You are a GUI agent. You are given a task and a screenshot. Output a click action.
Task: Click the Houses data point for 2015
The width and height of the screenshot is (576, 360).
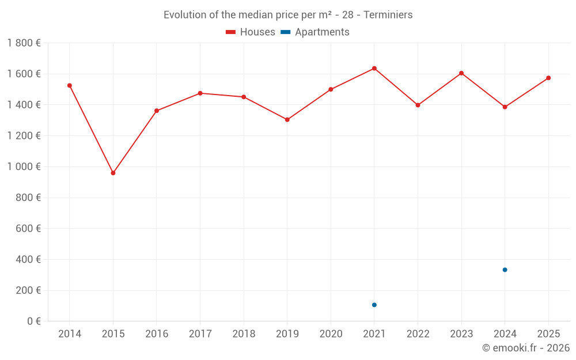(113, 173)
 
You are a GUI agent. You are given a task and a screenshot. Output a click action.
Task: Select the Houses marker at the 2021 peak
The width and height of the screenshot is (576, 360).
(374, 69)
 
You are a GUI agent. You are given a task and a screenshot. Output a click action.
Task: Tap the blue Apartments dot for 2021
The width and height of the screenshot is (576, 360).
(374, 305)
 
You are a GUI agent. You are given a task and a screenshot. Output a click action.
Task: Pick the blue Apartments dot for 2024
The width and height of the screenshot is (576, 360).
(505, 270)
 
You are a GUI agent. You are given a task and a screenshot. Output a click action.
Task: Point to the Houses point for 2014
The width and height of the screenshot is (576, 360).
(70, 85)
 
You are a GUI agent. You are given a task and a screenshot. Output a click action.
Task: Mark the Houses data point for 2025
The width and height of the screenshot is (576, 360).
(548, 78)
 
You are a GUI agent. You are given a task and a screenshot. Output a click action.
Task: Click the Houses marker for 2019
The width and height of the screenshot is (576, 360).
(287, 120)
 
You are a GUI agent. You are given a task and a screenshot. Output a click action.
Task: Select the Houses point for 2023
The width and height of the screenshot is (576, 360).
(461, 73)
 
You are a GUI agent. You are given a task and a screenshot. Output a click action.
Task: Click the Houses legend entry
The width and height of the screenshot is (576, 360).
(251, 32)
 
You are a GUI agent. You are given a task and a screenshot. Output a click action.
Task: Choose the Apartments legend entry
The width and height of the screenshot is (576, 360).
(315, 32)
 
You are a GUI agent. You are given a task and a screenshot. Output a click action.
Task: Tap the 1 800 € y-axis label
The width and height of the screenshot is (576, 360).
(24, 43)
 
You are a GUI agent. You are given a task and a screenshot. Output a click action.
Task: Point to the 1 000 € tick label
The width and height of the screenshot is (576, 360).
(24, 166)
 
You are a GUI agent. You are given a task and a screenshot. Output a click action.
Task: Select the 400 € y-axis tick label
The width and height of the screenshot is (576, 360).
(28, 259)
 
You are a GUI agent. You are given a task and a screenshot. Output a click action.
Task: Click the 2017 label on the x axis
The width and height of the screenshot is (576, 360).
(200, 334)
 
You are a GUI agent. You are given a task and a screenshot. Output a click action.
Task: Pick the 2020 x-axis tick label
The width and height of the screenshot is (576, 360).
(331, 334)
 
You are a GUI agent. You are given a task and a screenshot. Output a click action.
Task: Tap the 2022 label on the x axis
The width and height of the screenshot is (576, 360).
(418, 334)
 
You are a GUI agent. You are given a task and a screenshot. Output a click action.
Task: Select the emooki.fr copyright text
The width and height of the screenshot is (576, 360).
(526, 348)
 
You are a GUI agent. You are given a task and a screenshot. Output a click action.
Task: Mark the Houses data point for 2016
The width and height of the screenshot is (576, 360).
(157, 111)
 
